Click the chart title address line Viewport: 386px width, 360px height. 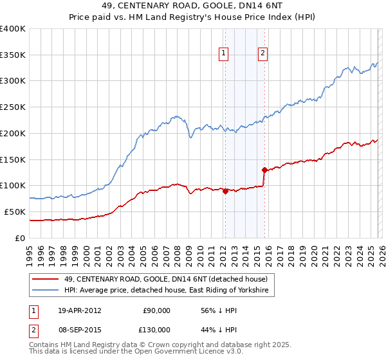(x=193, y=7)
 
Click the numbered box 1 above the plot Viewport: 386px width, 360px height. (x=224, y=53)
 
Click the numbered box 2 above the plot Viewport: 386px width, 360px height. (x=264, y=53)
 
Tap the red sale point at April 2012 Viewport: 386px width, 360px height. (x=225, y=190)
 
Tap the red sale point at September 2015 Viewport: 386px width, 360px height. (x=264, y=170)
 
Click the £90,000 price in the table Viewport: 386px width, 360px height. (x=156, y=310)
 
